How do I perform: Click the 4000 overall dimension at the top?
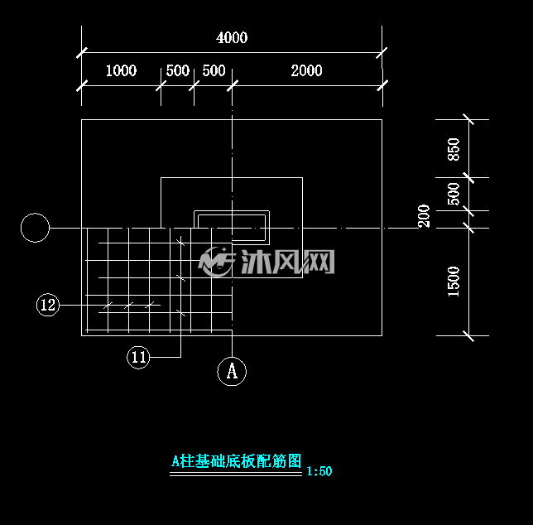click(232, 37)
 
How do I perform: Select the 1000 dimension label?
click(121, 70)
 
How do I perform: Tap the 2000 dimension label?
click(306, 70)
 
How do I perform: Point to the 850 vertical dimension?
click(454, 149)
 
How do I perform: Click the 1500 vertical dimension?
click(454, 282)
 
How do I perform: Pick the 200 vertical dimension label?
click(424, 216)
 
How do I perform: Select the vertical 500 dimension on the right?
click(454, 194)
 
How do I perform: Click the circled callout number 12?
click(48, 305)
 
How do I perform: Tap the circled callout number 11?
click(138, 357)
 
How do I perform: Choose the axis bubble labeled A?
click(232, 371)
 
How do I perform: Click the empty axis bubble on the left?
click(35, 228)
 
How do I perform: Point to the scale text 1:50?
click(319, 471)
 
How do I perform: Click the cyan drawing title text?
click(236, 461)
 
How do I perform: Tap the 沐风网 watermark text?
click(287, 262)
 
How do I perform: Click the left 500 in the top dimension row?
click(177, 70)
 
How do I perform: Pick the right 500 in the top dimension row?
click(214, 70)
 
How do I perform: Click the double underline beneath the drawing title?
click(236, 474)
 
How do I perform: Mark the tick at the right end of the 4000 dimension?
click(382, 53)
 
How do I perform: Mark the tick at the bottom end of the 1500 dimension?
click(468, 335)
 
